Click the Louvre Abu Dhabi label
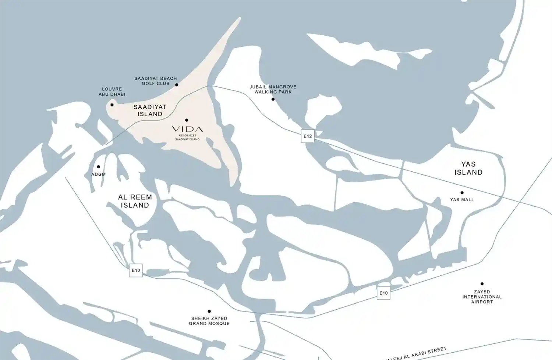(x=112, y=92)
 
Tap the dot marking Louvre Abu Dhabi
(x=112, y=105)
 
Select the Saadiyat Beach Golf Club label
(x=155, y=81)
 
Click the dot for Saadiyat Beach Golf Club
(x=177, y=85)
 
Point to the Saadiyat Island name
(x=150, y=110)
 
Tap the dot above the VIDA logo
(x=187, y=120)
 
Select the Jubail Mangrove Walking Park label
(x=273, y=89)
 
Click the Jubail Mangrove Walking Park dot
(x=273, y=99)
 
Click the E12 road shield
(x=308, y=136)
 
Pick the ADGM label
(x=98, y=174)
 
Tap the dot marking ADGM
(x=98, y=167)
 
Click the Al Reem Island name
(x=135, y=201)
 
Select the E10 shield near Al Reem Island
(x=136, y=270)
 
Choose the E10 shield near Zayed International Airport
(x=383, y=293)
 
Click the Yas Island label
(x=468, y=168)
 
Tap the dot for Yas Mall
(x=462, y=193)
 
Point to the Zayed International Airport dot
(x=482, y=284)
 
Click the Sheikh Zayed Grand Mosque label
(x=209, y=321)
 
